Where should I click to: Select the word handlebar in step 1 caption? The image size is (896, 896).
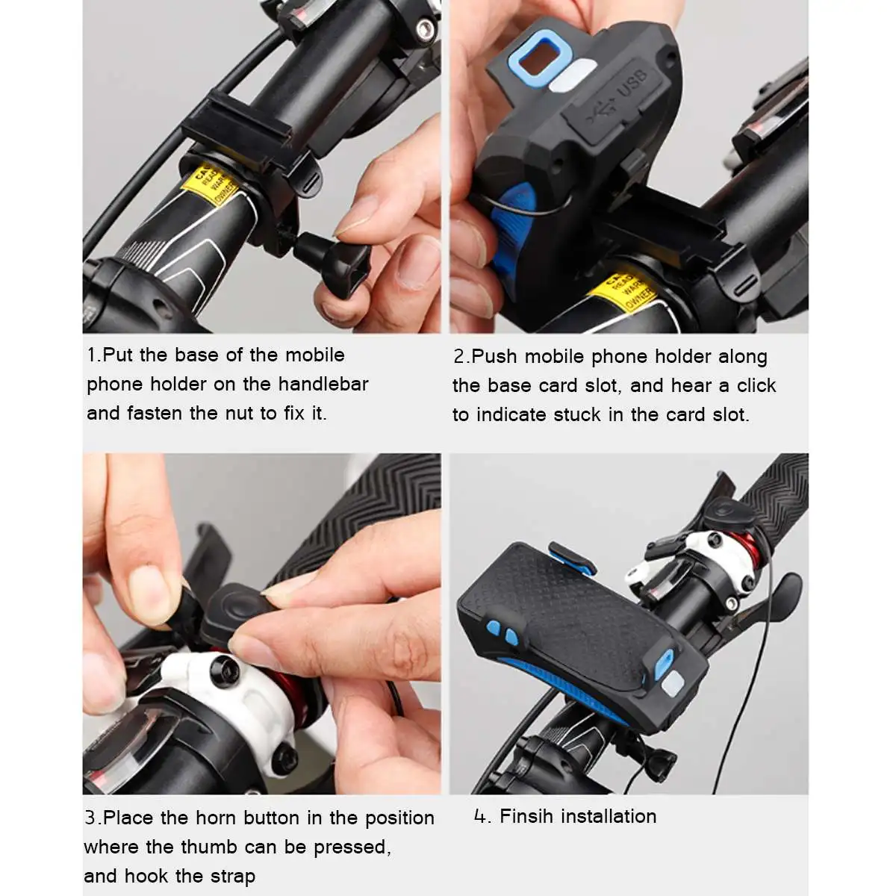point(323,384)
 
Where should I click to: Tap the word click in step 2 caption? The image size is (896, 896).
point(756,385)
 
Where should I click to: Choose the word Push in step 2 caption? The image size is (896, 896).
point(494,357)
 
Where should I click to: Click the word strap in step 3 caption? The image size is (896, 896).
point(232,876)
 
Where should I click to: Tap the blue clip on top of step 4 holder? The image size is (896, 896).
point(572,557)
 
